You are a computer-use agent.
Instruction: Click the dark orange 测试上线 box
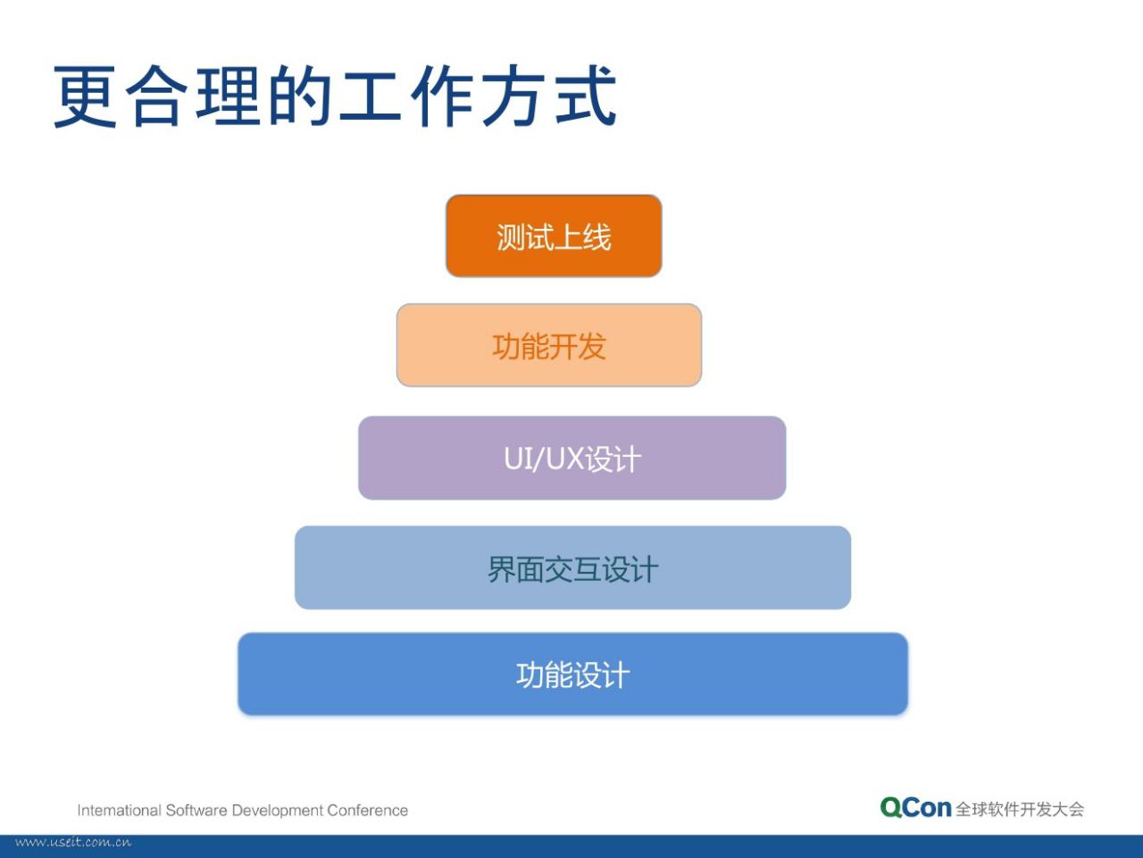coord(554,236)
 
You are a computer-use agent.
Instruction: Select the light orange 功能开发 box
coord(549,345)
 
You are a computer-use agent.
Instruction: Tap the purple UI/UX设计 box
coord(571,458)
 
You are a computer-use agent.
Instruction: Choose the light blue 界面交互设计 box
coord(572,568)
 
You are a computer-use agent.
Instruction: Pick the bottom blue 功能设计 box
coord(572,674)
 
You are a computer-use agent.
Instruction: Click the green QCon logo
coord(915,808)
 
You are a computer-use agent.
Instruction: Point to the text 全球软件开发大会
coord(1020,810)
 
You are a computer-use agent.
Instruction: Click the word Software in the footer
coord(196,810)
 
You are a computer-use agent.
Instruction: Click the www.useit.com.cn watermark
coord(73,843)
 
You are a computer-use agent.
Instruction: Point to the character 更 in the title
coord(85,97)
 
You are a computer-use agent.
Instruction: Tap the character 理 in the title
coord(228,96)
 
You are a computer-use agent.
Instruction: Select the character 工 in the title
coord(371,97)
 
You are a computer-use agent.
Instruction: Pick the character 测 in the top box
coord(511,237)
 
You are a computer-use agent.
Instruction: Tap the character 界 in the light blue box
coord(502,569)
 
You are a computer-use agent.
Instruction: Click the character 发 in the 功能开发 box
coord(591,347)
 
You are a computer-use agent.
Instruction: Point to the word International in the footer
coord(120,810)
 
